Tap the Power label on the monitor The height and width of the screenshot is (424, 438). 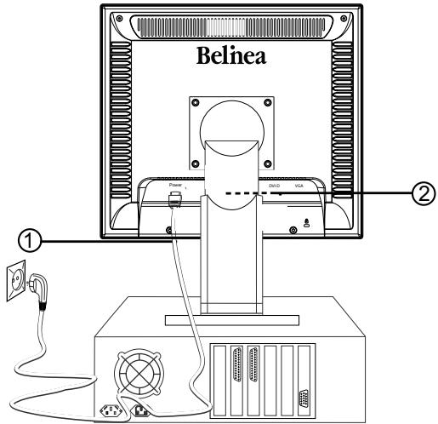(176, 184)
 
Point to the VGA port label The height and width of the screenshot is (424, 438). (299, 184)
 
